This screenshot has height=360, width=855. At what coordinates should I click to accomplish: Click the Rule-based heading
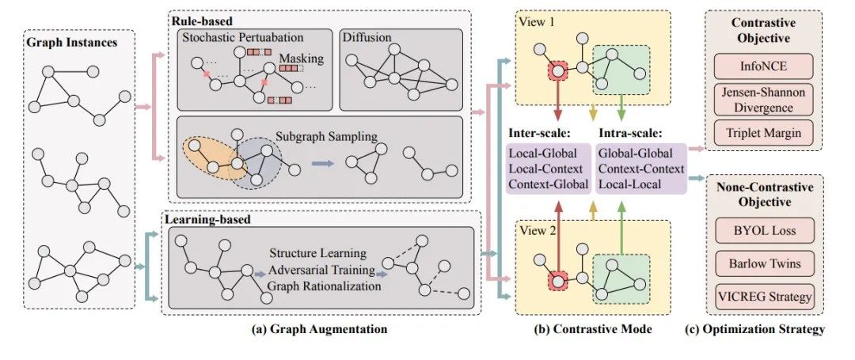click(x=202, y=21)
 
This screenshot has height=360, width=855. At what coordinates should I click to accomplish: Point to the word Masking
click(x=301, y=58)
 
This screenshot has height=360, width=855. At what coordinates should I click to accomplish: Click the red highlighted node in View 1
click(x=557, y=71)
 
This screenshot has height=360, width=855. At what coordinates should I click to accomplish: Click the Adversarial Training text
click(x=321, y=270)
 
